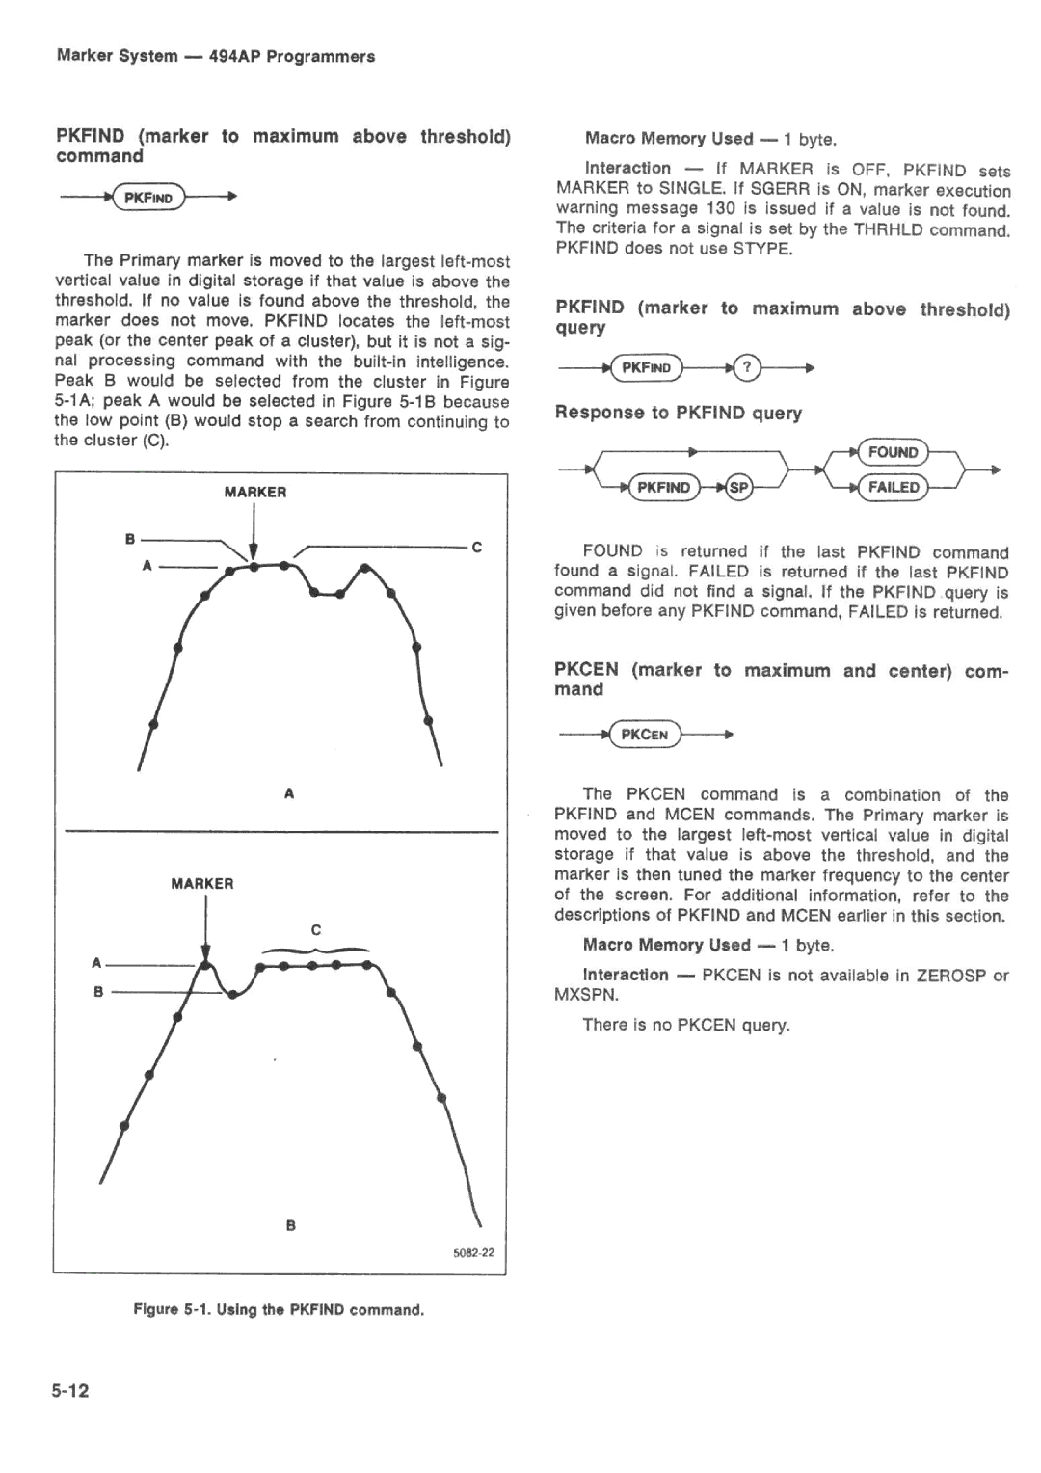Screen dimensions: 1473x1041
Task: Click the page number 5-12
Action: point(71,1390)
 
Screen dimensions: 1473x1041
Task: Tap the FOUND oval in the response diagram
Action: point(893,452)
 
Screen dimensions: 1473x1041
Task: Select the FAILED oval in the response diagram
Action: point(893,488)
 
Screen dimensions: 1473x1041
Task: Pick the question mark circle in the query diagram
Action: point(747,367)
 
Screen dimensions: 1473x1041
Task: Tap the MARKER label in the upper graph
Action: point(255,492)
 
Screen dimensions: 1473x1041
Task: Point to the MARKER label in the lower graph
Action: point(202,883)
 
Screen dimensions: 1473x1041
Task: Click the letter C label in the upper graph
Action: point(476,548)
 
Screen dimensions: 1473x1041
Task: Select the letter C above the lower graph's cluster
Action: point(315,930)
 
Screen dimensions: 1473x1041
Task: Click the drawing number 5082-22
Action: point(473,1253)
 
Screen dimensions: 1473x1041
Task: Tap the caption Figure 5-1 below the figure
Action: point(279,1310)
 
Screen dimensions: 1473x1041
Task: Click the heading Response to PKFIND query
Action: point(678,413)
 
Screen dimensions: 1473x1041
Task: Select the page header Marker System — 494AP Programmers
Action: point(216,56)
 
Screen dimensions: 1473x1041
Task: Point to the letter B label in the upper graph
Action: point(129,539)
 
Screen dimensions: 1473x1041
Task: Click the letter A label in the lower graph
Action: point(96,963)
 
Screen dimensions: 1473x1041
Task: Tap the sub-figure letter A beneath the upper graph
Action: point(288,793)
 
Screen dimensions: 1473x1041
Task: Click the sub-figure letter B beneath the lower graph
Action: point(289,1225)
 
